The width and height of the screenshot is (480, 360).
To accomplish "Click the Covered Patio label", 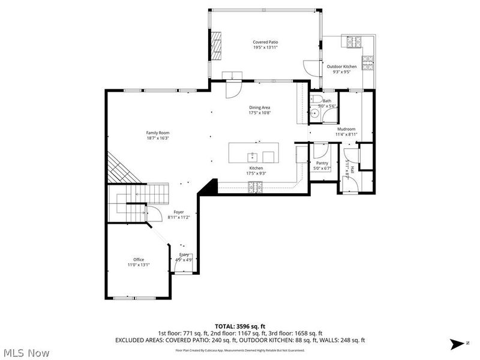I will [265, 42].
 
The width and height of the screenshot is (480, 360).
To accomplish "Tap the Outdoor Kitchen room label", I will [341, 67].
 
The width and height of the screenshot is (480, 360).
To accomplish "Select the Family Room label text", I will [158, 133].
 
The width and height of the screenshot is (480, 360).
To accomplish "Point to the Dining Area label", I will [260, 107].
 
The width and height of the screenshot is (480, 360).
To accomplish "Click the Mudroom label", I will [346, 129].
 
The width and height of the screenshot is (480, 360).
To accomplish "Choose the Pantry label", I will [322, 163].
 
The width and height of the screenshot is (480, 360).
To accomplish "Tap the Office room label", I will [139, 259].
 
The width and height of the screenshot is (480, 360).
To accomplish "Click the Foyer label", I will [179, 212].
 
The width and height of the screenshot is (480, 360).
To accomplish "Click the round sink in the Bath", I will [314, 112].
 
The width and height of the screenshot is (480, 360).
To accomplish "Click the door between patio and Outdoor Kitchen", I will [310, 65].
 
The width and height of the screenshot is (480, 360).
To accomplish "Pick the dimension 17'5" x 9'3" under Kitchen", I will [256, 173].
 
